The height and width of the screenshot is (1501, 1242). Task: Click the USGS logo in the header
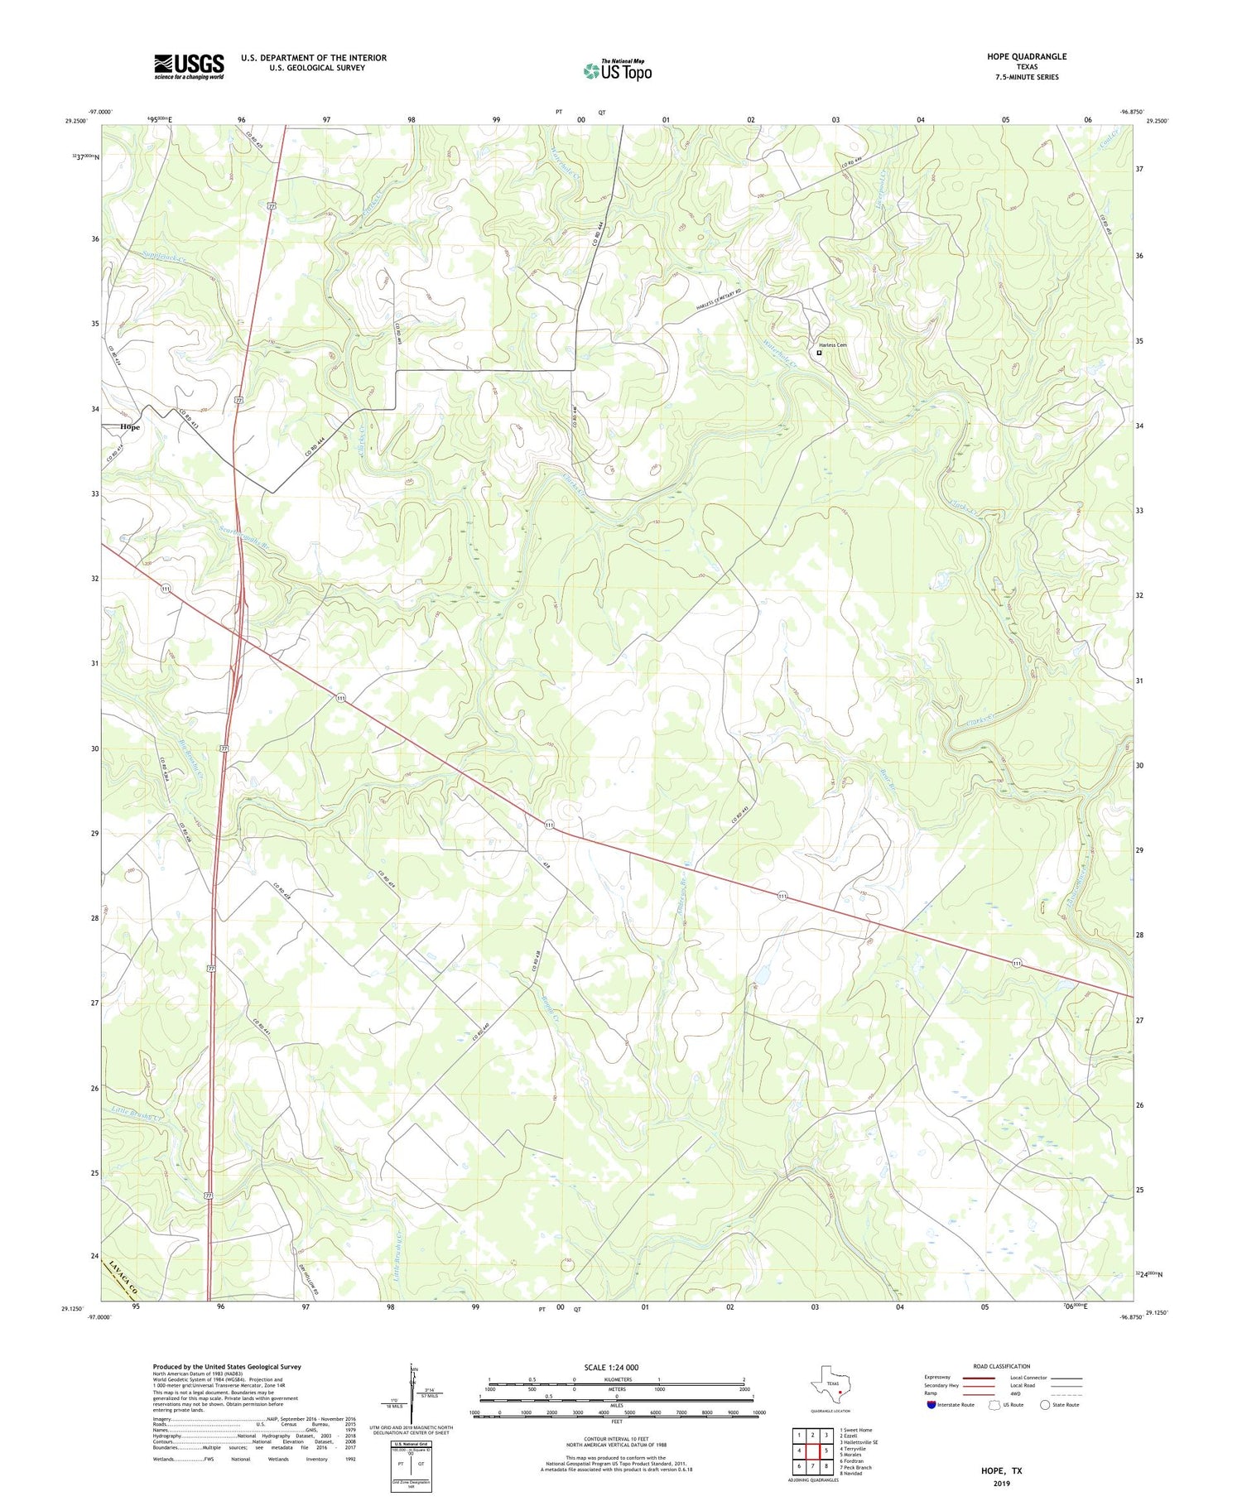pos(189,66)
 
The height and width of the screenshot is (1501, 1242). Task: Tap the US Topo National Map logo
pos(617,71)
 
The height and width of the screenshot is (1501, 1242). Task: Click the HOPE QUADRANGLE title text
pos(1026,56)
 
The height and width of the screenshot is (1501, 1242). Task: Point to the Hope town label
pos(130,427)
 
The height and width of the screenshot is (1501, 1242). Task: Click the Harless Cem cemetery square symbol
pos(819,353)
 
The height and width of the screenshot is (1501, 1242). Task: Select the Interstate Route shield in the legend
pos(931,1405)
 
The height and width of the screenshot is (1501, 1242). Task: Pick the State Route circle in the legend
pos(1045,1405)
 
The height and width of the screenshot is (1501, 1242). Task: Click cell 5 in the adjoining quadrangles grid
pos(826,1450)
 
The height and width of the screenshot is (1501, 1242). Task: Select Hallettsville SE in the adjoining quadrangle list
pos(859,1442)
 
